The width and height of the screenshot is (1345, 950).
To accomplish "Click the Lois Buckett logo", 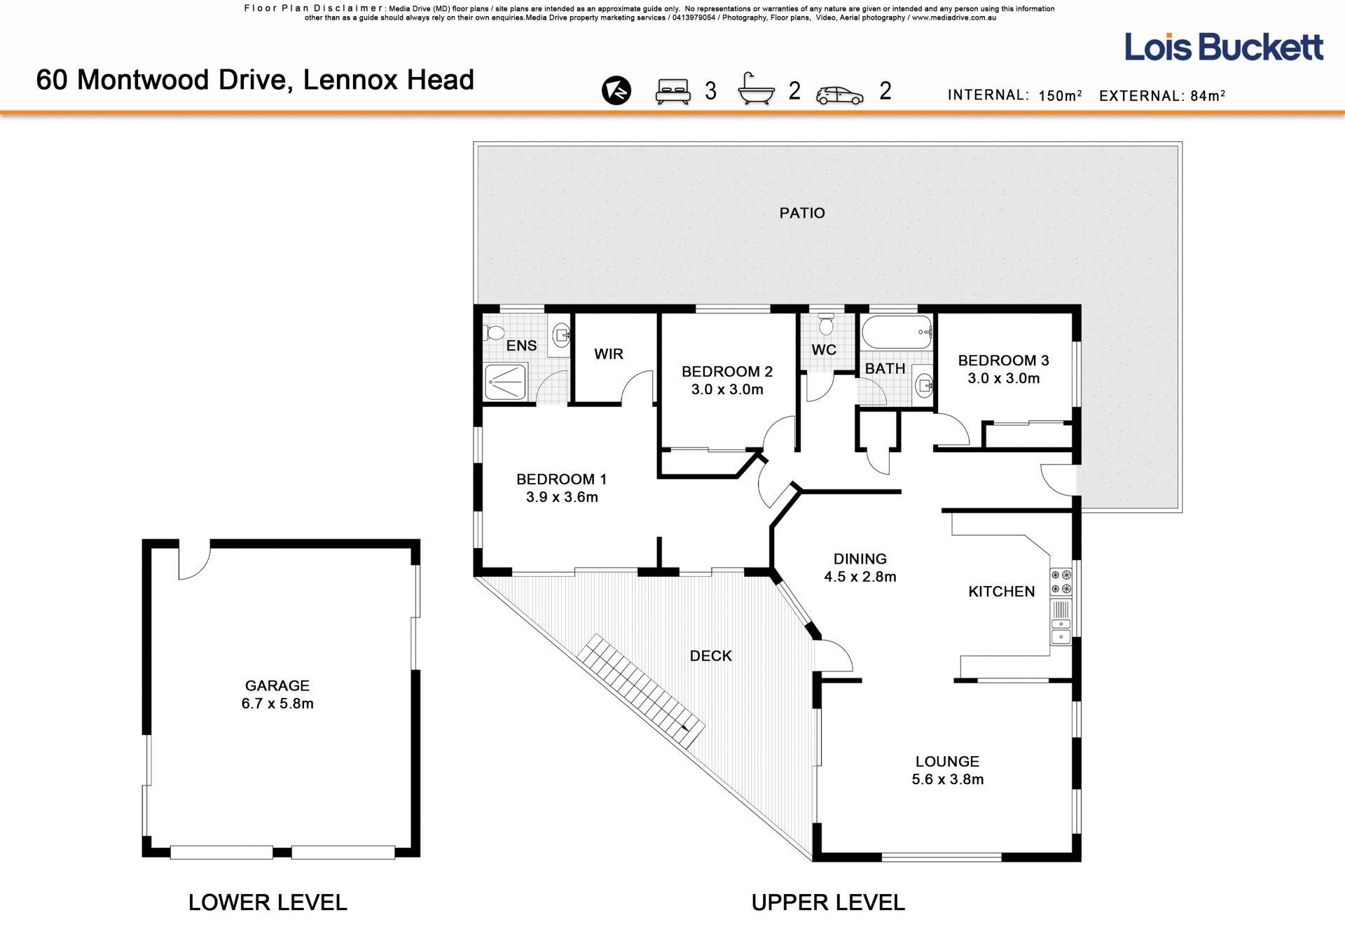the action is pos(1224,47).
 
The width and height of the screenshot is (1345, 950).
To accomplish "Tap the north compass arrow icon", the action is pos(616,90).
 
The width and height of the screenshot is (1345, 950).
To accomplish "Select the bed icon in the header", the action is pos(673,92).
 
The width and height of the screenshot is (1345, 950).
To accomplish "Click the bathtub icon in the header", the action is pos(757,90).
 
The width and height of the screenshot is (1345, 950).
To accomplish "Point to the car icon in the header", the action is pos(840,95).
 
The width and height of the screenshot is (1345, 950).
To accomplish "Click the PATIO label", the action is pos(802,213).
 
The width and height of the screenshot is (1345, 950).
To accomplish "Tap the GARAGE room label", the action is pos(277,686).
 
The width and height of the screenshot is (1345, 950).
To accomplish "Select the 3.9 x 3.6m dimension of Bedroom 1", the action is pos(562,497).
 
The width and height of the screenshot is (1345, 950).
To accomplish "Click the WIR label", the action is pos(609,354).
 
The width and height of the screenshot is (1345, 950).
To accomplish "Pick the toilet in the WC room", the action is pos(827,324).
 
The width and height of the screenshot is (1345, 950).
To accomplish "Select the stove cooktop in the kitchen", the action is pos(1061,582).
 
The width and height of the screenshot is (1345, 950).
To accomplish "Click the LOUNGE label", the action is pos(947,762).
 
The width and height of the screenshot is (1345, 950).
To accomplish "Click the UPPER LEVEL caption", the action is pos(828,902).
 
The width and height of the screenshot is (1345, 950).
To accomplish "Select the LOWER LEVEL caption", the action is pos(268,902).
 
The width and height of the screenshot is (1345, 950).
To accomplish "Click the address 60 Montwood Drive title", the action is pos(255,80).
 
